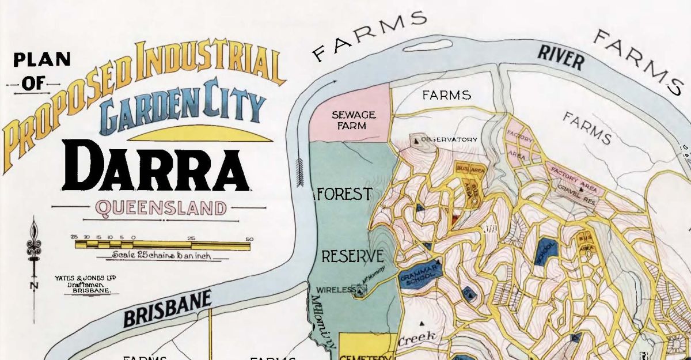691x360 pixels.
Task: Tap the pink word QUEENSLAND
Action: pos(162,207)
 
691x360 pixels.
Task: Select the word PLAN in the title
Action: pos(42,59)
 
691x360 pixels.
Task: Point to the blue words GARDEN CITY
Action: pos(183,109)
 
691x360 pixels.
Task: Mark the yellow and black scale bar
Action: pos(162,245)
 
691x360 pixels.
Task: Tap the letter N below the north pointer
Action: pos(34,285)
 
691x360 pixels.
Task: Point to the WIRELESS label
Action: pos(336,290)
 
